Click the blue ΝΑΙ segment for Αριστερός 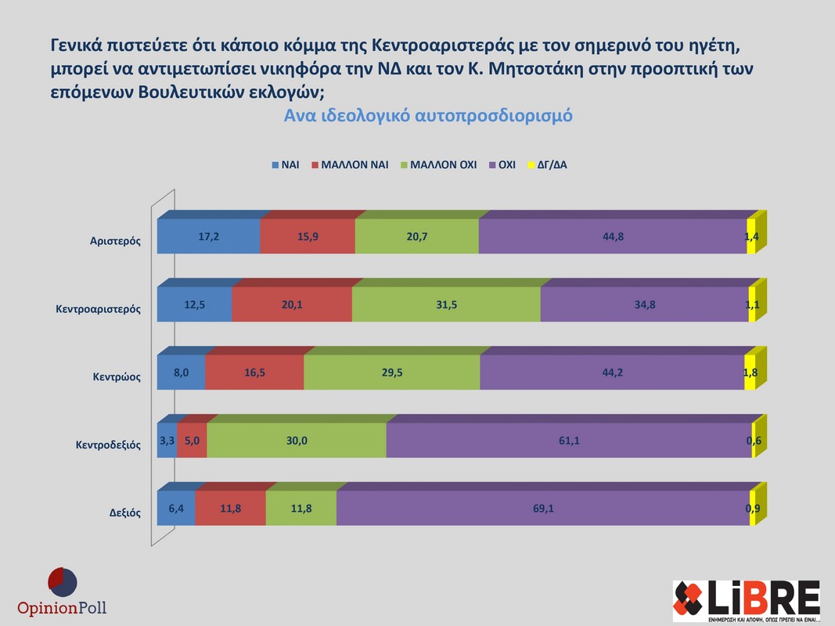[208, 236]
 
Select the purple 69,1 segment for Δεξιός [542, 509]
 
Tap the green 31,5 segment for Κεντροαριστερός [446, 304]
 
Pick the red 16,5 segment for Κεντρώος [254, 372]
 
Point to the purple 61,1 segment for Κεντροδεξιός [569, 441]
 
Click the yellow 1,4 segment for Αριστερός [751, 236]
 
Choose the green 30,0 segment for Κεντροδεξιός [297, 441]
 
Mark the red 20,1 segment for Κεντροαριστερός [292, 304]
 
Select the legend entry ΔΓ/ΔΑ [551, 165]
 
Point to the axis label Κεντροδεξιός [108, 445]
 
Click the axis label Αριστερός [115, 241]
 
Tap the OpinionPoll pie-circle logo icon [63, 582]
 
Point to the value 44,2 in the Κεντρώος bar [611, 372]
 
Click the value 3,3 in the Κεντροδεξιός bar [167, 441]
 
